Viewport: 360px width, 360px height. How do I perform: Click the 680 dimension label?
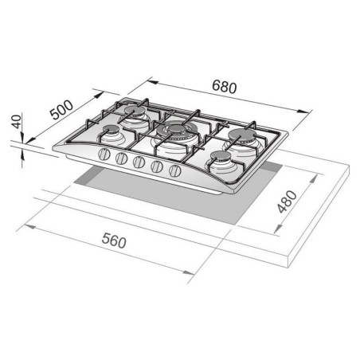pos(225,86)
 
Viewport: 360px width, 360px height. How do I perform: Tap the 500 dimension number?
pos(61,109)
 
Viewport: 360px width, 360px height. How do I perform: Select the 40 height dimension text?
pos(17,122)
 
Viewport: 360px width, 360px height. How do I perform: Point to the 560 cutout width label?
pos(114,241)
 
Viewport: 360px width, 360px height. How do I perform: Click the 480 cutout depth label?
pos(287,202)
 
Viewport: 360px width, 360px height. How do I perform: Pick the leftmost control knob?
pos(104,155)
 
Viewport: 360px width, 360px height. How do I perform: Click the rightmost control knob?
pos(175,170)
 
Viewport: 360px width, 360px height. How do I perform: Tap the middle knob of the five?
pos(139,162)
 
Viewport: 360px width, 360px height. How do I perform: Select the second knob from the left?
pos(121,158)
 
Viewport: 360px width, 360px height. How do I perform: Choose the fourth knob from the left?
pos(157,166)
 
